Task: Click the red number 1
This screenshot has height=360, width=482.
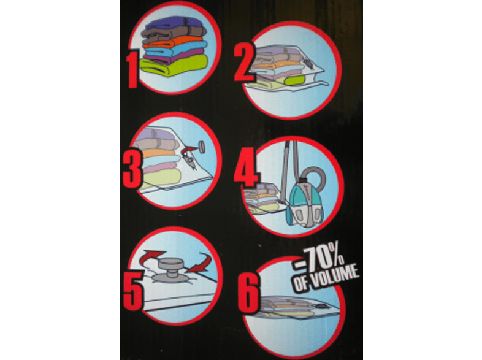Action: tap(134, 70)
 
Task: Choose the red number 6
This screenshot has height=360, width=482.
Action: tap(249, 293)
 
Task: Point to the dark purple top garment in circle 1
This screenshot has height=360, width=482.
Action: tap(174, 23)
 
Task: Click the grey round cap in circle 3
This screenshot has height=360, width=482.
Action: tap(202, 147)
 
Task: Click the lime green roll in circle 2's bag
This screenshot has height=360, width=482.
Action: tap(296, 80)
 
